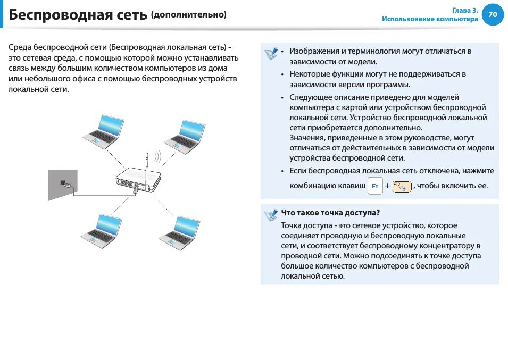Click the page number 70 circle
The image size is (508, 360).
[493, 14]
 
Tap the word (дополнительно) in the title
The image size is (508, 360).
[189, 14]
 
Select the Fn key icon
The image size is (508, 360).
[375, 186]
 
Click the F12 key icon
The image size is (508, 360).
[402, 186]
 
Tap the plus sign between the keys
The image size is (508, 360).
[387, 186]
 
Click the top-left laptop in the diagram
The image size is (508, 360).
[103, 130]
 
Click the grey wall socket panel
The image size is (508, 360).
[62, 184]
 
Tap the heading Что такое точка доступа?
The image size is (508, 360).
[330, 213]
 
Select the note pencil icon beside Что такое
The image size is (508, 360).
[271, 215]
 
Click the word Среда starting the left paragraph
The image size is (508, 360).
[20, 47]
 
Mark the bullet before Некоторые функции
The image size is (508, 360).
[282, 74]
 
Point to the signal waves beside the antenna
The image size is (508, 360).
[157, 157]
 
